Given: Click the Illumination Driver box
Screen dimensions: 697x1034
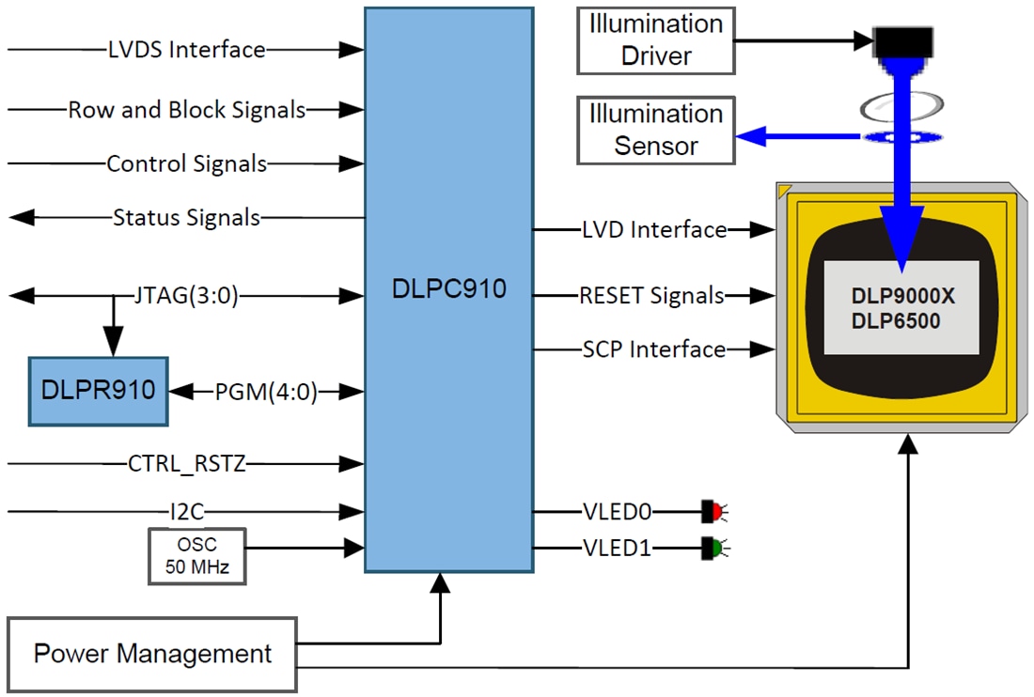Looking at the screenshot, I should [x=655, y=40].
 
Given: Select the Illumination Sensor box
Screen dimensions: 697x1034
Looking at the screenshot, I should [x=655, y=131].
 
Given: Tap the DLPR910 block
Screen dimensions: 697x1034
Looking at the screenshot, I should [x=98, y=391].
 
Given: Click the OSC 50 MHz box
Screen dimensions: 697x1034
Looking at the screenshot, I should [x=196, y=556].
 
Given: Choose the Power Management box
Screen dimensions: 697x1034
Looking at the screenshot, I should [x=152, y=654].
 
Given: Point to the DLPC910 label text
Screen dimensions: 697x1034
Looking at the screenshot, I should [x=448, y=288].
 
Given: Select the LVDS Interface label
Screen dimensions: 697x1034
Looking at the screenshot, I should [x=186, y=50].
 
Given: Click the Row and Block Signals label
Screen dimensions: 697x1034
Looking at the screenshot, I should [x=186, y=110].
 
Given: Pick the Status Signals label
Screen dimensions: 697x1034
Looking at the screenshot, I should [x=186, y=218].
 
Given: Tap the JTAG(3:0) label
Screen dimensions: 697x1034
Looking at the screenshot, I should [x=186, y=297].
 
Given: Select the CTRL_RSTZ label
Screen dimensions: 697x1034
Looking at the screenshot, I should [x=186, y=463].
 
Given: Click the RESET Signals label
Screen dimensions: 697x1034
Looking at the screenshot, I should [x=651, y=296].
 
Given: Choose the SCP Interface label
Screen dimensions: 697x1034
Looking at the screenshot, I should [x=653, y=349].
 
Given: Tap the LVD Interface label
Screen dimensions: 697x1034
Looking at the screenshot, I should [x=653, y=229].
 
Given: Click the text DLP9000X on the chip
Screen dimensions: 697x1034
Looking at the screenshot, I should [x=902, y=296].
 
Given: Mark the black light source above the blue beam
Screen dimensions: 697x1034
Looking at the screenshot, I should [x=902, y=41].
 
